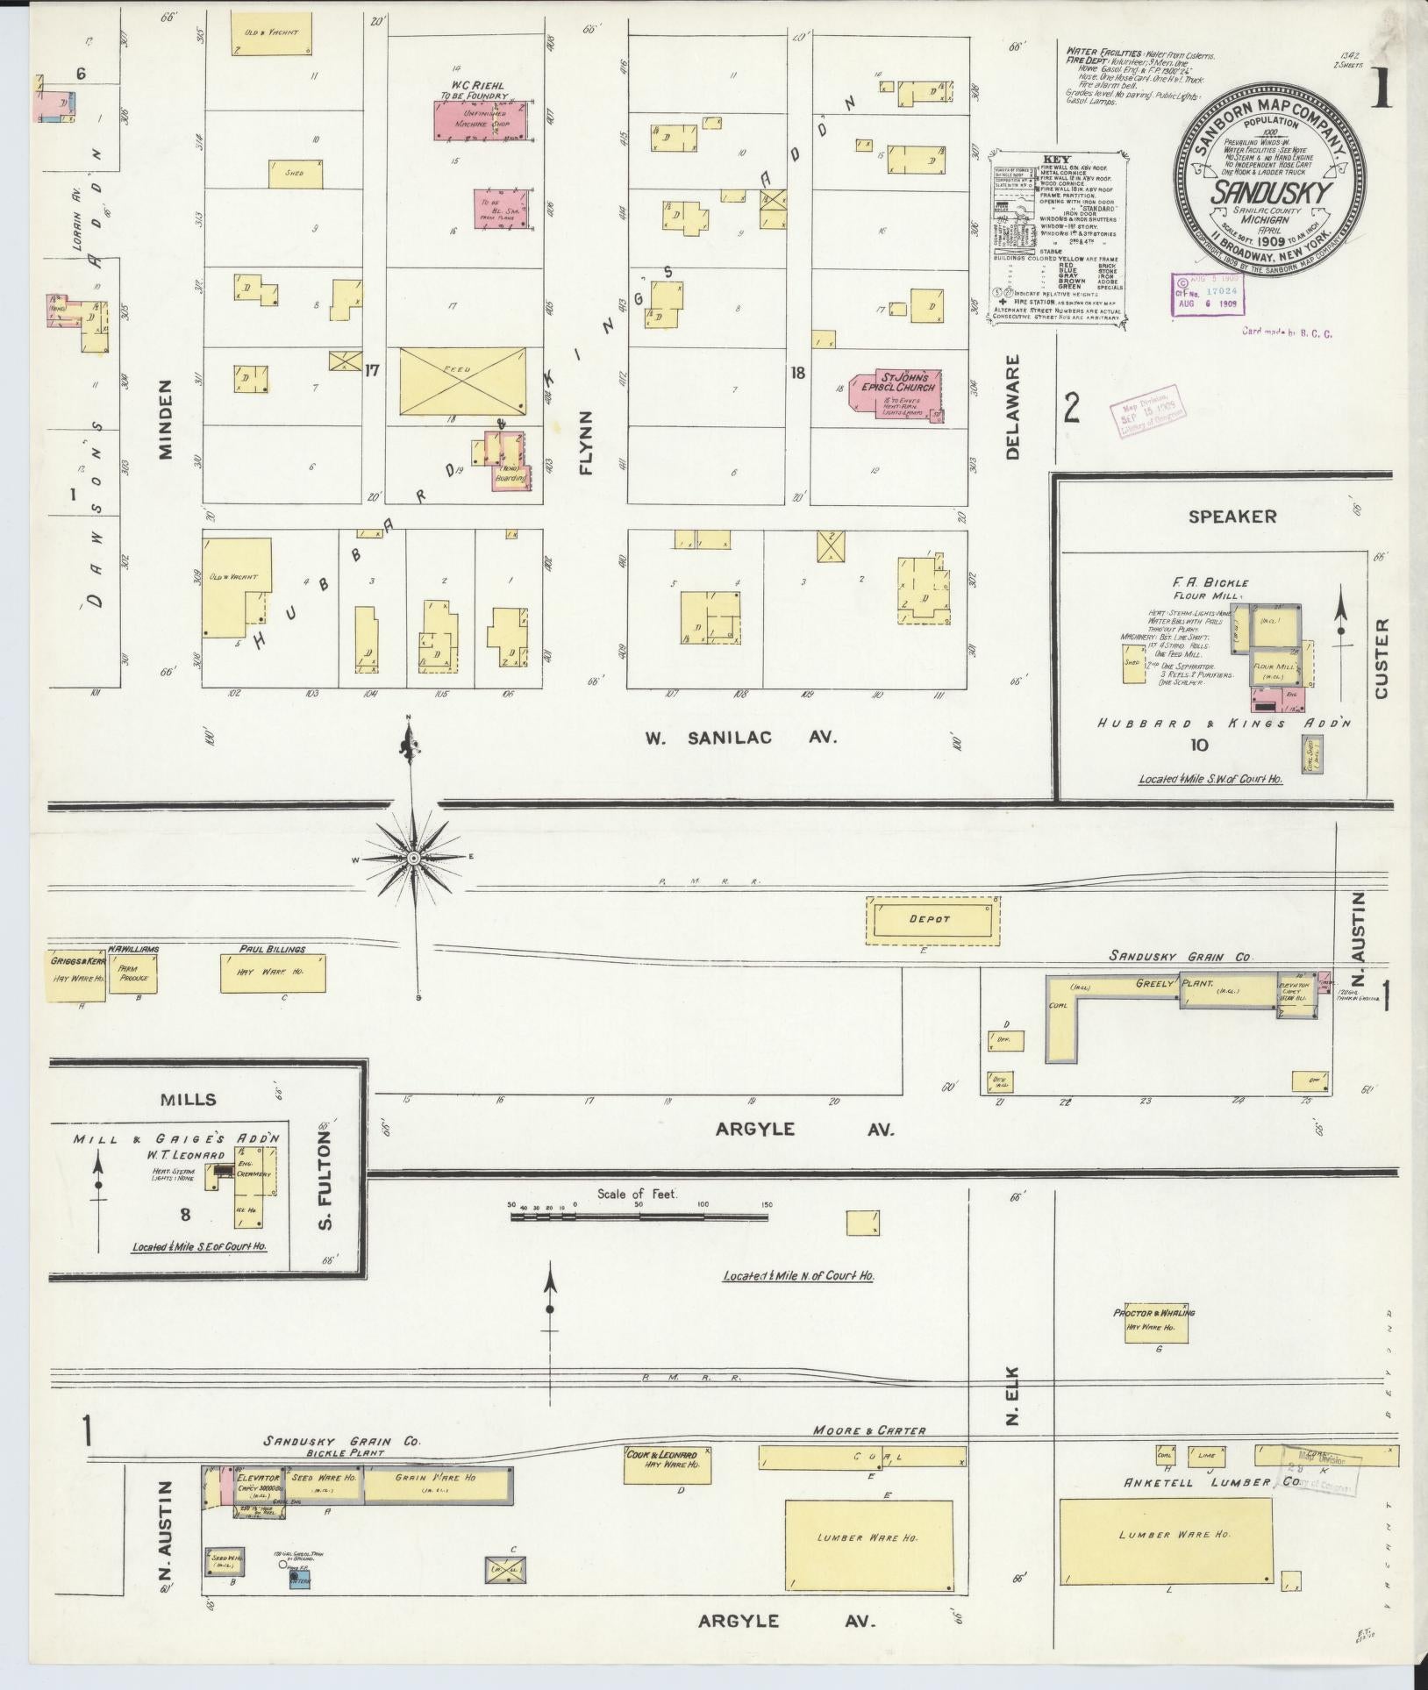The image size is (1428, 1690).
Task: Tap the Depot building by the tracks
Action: [932, 920]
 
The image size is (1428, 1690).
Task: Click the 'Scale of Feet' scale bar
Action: [639, 1216]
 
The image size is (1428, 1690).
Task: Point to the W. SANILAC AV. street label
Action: [741, 738]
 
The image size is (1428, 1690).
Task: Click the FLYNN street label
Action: [586, 443]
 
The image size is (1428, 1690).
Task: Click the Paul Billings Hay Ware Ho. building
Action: [273, 973]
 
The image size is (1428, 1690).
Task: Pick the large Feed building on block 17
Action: [462, 381]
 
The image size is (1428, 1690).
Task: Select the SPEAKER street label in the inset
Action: [1232, 517]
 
